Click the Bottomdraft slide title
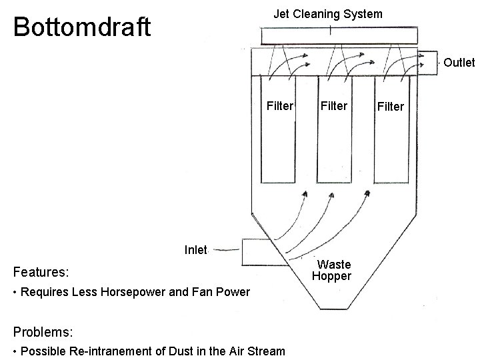click(x=82, y=27)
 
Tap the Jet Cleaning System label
click(x=328, y=14)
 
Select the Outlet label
click(x=459, y=63)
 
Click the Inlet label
click(x=196, y=250)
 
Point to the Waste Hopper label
click(x=331, y=271)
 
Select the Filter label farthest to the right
click(x=391, y=106)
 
